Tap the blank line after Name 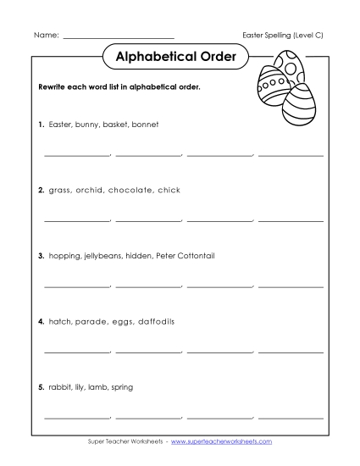pyautogui.click(x=119, y=37)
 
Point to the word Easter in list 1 pyautogui.click(x=61, y=125)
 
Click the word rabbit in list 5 pyautogui.click(x=61, y=387)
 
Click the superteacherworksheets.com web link pyautogui.click(x=226, y=442)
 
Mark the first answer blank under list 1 pyautogui.click(x=76, y=155)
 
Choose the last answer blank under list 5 pyautogui.click(x=291, y=418)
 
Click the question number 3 pyautogui.click(x=41, y=255)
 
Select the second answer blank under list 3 pyautogui.click(x=148, y=286)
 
